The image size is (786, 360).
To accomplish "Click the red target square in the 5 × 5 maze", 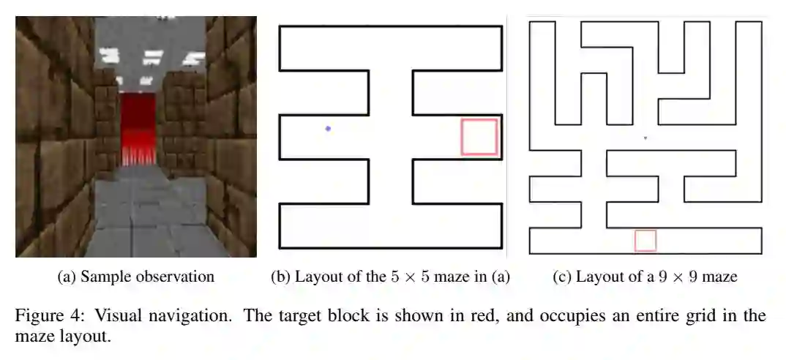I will (x=479, y=137).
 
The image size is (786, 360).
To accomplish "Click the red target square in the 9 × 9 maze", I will (x=645, y=241).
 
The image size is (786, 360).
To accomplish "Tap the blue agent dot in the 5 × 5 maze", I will (x=328, y=129).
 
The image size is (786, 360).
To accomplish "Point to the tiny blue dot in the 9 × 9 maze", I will (x=645, y=137).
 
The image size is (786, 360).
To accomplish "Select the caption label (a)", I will (x=67, y=277).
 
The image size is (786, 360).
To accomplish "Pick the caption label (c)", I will (x=564, y=277).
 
